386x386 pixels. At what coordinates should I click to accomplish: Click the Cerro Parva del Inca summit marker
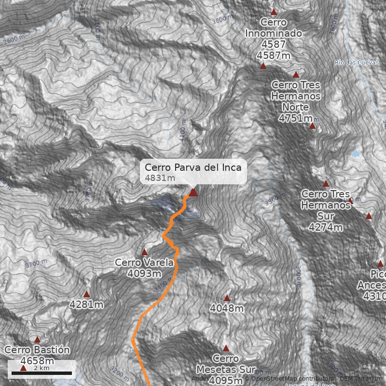pyautogui.click(x=193, y=193)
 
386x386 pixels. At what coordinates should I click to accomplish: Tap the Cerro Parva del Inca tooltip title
pyautogui.click(x=193, y=167)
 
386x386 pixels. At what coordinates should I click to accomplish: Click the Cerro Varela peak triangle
pyautogui.click(x=144, y=252)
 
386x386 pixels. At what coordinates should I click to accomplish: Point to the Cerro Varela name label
pyautogui.click(x=144, y=262)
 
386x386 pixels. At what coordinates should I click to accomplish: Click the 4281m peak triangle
pyautogui.click(x=87, y=294)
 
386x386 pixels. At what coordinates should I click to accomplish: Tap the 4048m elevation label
pyautogui.click(x=227, y=308)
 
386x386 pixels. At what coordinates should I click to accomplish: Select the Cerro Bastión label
pyautogui.click(x=37, y=350)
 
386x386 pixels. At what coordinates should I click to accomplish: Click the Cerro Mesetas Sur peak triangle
pyautogui.click(x=226, y=348)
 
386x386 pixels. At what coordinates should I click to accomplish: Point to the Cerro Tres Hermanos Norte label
pyautogui.click(x=296, y=96)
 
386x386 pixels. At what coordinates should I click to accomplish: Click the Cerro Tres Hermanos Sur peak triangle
pyautogui.click(x=326, y=184)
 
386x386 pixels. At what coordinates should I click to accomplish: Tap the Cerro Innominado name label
pyautogui.click(x=274, y=28)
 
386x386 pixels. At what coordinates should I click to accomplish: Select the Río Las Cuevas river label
pyautogui.click(x=357, y=63)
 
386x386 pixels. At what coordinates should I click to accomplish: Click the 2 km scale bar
pyautogui.click(x=41, y=373)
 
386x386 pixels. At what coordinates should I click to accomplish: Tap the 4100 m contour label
pyautogui.click(x=182, y=131)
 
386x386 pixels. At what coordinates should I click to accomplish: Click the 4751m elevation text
pyautogui.click(x=295, y=118)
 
